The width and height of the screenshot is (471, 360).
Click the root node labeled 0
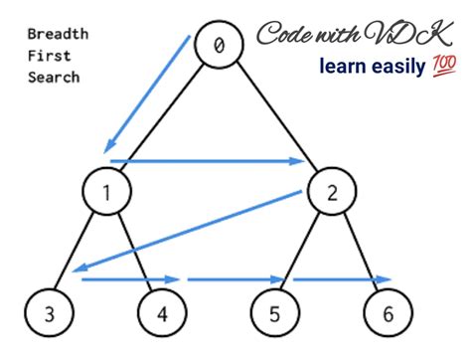click(x=219, y=45)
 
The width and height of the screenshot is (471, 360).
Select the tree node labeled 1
click(x=107, y=192)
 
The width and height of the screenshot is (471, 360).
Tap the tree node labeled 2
click(x=332, y=192)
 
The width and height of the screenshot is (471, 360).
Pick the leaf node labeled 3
click(x=50, y=313)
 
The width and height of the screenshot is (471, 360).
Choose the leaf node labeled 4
click(x=162, y=313)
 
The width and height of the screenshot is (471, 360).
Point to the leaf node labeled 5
click(x=275, y=313)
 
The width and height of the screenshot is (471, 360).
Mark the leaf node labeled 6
click(x=389, y=313)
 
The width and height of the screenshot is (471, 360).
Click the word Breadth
click(x=58, y=34)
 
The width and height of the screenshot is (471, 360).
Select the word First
click(x=50, y=56)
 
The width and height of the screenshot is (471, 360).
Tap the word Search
click(x=54, y=78)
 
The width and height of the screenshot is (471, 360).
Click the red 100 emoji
click(x=444, y=66)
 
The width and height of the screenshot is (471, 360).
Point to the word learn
click(x=342, y=66)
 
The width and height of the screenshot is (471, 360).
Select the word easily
click(x=398, y=68)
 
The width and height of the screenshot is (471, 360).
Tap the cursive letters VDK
click(x=408, y=33)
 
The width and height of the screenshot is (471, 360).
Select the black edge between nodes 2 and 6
click(x=361, y=252)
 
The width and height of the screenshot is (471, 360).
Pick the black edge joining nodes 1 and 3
click(x=74, y=252)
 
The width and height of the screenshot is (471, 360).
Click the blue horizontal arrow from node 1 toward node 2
click(x=208, y=161)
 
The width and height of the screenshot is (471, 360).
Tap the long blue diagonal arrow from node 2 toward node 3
click(x=187, y=231)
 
